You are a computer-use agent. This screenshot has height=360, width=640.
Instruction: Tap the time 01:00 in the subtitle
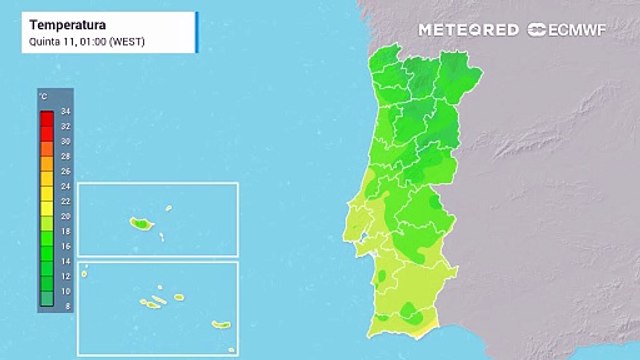(87, 42)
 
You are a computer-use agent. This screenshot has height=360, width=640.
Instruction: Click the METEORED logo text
(469, 30)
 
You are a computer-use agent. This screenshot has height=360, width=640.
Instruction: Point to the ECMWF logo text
(575, 30)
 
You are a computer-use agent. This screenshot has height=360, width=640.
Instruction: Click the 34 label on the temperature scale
(65, 111)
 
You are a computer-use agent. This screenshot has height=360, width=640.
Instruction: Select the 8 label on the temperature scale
(65, 305)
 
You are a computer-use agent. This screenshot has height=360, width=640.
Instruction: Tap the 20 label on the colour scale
(65, 216)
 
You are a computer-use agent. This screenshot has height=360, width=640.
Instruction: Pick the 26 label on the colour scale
(65, 171)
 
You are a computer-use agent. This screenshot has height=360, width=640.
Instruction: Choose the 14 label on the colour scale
(65, 260)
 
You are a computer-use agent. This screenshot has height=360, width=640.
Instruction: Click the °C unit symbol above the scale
(44, 96)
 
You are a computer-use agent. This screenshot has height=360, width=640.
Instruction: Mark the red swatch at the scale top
(46, 118)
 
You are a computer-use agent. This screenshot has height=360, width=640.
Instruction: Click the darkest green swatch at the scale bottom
(46, 297)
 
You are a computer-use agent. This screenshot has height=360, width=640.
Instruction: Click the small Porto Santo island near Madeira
(168, 208)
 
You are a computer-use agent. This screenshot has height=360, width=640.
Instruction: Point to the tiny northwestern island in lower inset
(86, 267)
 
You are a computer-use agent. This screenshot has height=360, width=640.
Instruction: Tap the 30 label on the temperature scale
(65, 141)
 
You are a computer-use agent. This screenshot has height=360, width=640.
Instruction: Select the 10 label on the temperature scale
(65, 290)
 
